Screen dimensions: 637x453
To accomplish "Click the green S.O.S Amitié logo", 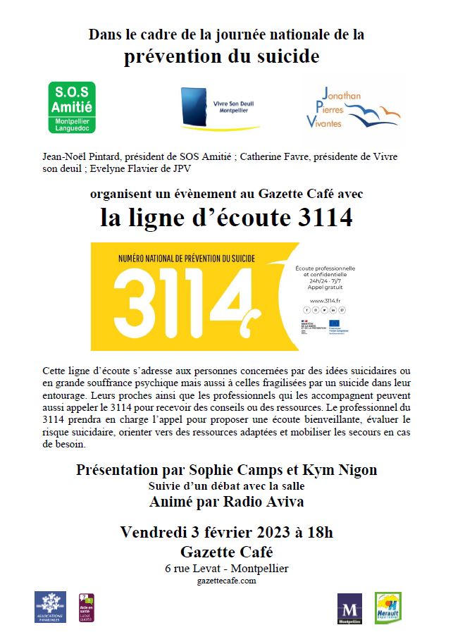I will point(71,107).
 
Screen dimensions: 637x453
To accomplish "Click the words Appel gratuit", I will point(325,287).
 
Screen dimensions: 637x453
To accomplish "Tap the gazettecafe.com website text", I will point(226,581).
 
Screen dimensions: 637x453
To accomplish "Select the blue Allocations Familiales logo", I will point(50,607).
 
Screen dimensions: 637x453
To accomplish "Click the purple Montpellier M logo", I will point(350,609).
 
